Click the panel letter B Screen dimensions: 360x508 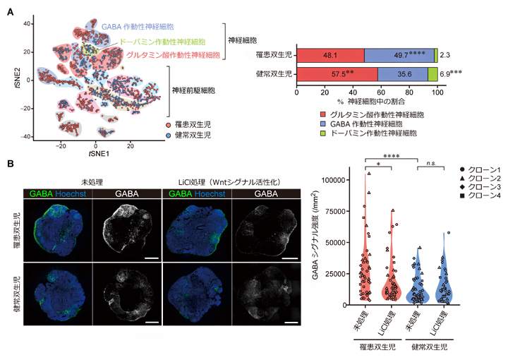[10, 164]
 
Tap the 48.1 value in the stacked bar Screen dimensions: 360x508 [329, 56]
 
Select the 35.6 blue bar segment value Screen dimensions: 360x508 [403, 73]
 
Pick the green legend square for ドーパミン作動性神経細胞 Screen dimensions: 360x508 [301, 132]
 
